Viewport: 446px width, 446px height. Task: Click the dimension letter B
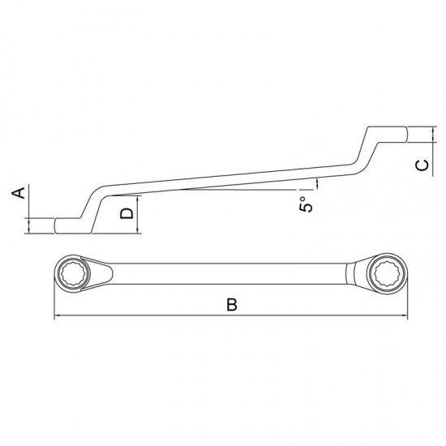pyautogui.click(x=231, y=306)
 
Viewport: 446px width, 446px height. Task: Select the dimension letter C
pyautogui.click(x=421, y=165)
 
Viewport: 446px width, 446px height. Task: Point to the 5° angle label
pyautogui.click(x=306, y=204)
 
